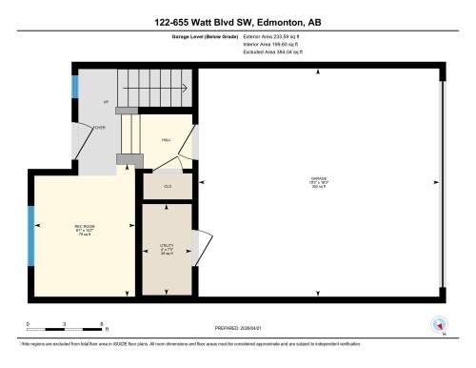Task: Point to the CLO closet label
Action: tap(167, 185)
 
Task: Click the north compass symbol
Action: tap(439, 322)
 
